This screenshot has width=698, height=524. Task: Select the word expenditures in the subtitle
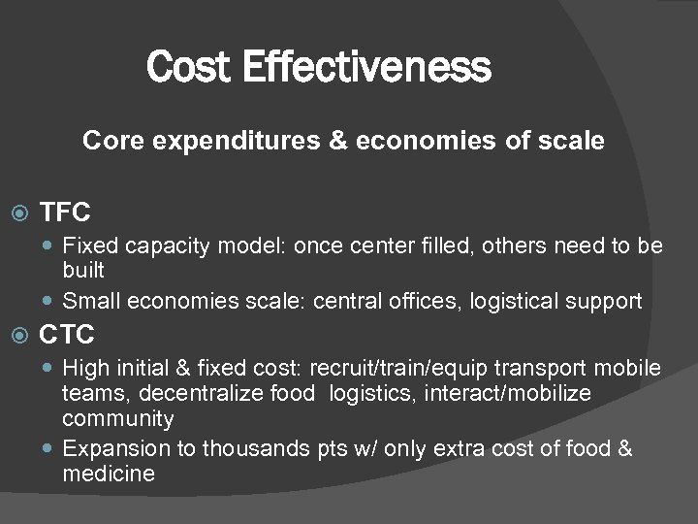point(228,142)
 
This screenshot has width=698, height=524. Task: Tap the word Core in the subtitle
point(107,142)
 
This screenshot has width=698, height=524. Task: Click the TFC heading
point(65,212)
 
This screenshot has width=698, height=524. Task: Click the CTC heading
point(66,336)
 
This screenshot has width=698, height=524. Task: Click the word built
point(82,268)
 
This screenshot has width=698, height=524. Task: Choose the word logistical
point(515,302)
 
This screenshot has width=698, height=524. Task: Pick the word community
point(118,419)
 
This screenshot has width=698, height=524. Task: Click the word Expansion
point(113,449)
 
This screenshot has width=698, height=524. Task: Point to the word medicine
point(109,475)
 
